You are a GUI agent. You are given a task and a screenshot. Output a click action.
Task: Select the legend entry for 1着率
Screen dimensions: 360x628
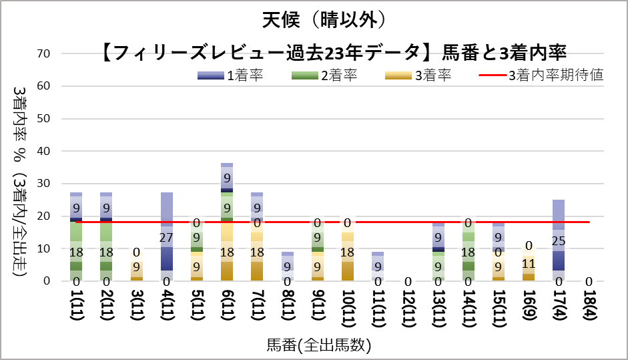coord(230,75)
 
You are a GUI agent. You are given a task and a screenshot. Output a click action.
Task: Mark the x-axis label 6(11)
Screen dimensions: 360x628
coord(227,308)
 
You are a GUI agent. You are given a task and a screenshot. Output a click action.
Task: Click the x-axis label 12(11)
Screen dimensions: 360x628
coord(408,308)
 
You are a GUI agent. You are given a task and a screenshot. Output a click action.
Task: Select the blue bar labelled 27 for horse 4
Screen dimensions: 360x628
coord(167,236)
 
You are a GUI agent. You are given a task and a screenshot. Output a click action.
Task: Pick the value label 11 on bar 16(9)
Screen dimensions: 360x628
coord(529,264)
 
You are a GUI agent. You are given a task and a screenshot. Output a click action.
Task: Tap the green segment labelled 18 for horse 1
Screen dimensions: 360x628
coord(76,251)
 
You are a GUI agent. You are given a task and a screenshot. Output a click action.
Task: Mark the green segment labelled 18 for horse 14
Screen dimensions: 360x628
coord(469,251)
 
